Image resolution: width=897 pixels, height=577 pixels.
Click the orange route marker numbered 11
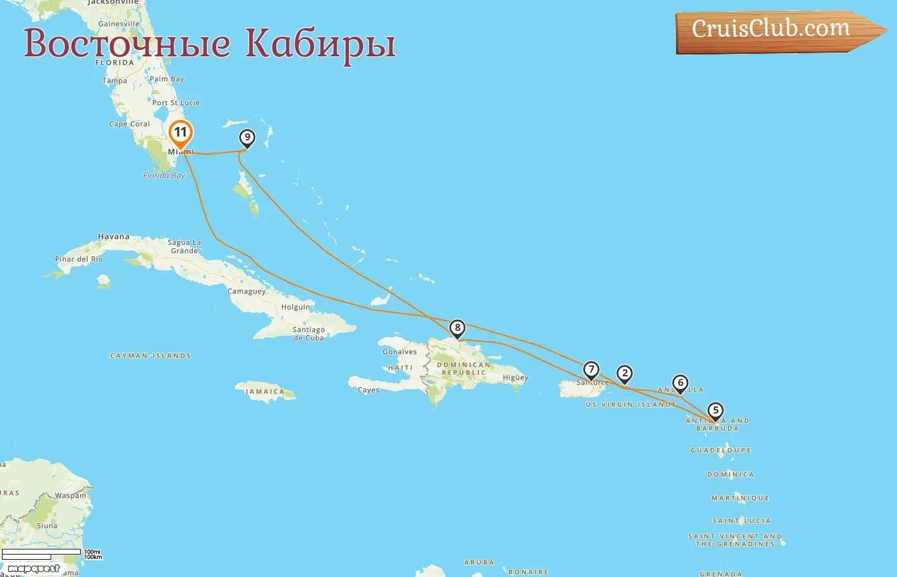(181, 133)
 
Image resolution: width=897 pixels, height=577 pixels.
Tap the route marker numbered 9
(247, 138)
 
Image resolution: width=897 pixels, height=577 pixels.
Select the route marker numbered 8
(457, 328)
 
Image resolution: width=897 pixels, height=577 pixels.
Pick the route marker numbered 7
(591, 370)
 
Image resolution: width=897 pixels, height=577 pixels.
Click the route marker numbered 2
(625, 374)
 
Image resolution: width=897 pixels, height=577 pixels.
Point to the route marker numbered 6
(680, 383)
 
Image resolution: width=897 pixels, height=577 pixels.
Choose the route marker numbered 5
(715, 411)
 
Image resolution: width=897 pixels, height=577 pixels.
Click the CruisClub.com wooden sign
(772, 30)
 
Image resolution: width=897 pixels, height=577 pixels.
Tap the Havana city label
(113, 237)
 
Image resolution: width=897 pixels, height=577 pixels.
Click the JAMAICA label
(265, 392)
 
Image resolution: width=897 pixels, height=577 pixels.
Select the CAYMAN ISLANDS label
(151, 356)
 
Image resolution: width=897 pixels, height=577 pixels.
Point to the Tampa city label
(115, 81)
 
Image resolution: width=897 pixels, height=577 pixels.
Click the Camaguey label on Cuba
(247, 292)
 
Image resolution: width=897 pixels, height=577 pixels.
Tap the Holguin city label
(295, 307)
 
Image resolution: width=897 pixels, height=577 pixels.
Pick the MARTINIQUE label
(740, 498)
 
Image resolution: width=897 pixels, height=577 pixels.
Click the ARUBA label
(479, 563)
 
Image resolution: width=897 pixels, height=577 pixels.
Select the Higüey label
(515, 378)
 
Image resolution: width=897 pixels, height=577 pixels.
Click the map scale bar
(42, 554)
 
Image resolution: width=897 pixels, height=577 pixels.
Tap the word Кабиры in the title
(320, 43)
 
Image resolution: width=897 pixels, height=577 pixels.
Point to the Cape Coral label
(129, 124)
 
